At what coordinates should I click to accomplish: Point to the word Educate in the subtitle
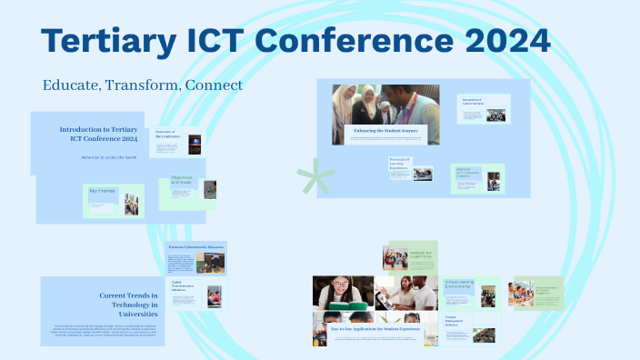(x=71, y=85)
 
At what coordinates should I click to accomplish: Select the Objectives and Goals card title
(x=181, y=181)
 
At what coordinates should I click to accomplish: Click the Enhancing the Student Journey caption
(x=385, y=131)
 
